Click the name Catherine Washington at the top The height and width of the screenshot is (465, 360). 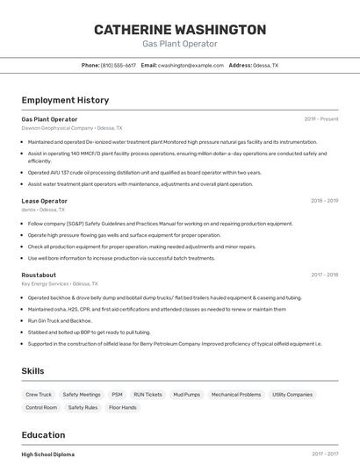[180, 30]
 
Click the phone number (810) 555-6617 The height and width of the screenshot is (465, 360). [118, 66]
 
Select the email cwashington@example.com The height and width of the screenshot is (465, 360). [191, 66]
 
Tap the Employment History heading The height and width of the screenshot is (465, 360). [65, 100]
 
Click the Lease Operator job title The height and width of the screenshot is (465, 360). [45, 201]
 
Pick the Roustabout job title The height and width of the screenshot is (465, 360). [40, 275]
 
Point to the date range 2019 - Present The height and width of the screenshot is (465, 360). [321, 119]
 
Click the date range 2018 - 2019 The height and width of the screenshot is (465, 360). [324, 201]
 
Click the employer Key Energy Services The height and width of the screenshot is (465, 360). [46, 283]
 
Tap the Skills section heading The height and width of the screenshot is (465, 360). [33, 371]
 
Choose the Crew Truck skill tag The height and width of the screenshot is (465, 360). [39, 395]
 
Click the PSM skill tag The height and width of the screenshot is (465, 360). [117, 395]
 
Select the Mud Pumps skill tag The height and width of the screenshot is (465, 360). [186, 395]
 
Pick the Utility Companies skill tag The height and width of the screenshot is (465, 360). [292, 395]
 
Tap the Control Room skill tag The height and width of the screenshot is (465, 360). [41, 408]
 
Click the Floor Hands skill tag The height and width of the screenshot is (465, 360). [123, 408]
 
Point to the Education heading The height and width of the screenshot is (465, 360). [43, 435]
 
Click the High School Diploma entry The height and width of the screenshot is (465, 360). [48, 454]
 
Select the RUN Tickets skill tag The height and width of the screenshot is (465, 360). [148, 395]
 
